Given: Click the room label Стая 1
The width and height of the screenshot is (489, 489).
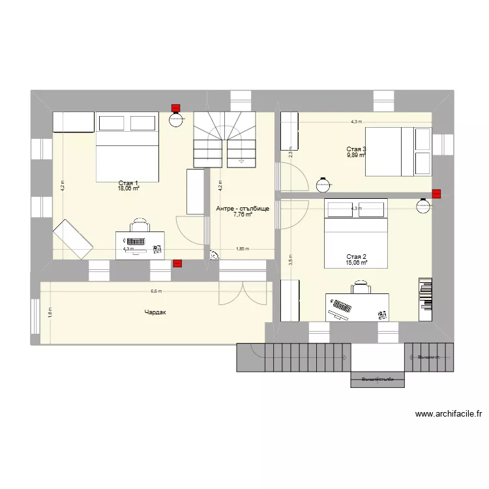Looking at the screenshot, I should tap(128, 183).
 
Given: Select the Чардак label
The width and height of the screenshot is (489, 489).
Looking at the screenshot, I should tap(156, 313).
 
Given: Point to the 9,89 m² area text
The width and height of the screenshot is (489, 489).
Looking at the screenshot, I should tap(356, 156).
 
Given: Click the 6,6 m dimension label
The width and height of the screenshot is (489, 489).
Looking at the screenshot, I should tap(156, 291).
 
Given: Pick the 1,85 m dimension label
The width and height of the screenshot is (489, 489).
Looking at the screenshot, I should tap(242, 248).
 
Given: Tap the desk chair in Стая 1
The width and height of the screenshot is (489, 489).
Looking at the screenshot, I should tap(140, 226).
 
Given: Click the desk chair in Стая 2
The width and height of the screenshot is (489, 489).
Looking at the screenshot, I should tap(360, 288).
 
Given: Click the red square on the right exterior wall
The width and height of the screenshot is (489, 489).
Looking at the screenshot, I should tap(436, 193).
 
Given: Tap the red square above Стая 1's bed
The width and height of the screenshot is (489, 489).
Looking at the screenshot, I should tap(175, 108).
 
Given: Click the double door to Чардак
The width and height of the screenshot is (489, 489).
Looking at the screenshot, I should tap(243, 293).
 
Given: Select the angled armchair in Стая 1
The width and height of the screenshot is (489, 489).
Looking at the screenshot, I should tap(72, 238).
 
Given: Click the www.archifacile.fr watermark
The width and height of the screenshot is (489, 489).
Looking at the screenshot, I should tap(447, 413).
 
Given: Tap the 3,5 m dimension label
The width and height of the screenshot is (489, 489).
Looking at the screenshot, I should tap(291, 259).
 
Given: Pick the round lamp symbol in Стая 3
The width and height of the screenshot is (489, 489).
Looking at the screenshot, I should tap(321, 185).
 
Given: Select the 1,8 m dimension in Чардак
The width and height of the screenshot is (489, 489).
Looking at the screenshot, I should tap(50, 312).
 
